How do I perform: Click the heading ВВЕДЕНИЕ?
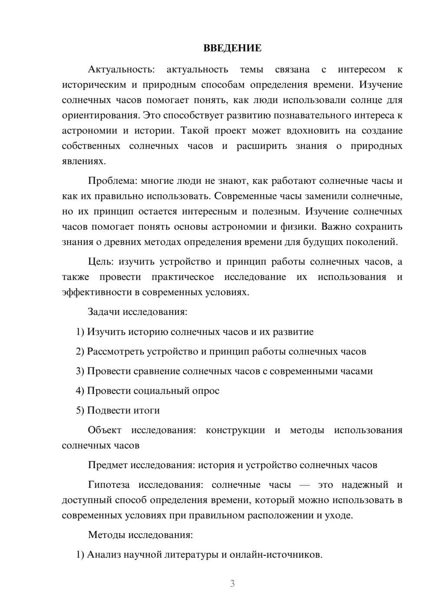click(x=232, y=48)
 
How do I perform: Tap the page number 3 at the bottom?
click(x=232, y=584)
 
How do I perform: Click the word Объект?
click(x=105, y=430)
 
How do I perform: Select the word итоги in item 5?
click(x=148, y=410)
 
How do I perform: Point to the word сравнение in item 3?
click(x=159, y=371)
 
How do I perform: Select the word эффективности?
click(x=96, y=292)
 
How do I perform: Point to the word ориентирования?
click(x=101, y=115)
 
